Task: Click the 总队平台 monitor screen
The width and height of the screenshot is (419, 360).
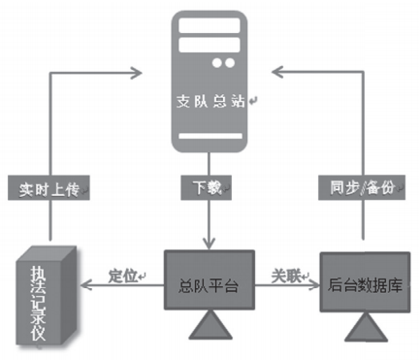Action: point(208,283)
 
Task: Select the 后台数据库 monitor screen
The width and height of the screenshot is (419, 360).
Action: point(364,283)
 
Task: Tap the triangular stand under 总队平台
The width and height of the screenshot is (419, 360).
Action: point(208,328)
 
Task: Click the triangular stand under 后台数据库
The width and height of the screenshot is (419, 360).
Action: point(364,328)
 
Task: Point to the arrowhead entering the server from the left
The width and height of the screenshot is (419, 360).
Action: point(136,70)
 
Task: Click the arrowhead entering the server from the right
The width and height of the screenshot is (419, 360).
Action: point(278,70)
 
